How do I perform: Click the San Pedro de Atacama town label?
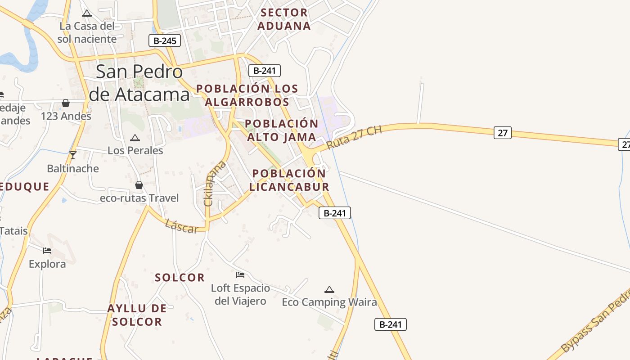point(139,83)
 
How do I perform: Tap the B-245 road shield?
point(165,41)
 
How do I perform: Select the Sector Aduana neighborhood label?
point(284,19)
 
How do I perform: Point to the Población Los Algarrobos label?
point(247,95)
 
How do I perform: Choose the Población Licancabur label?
point(289,180)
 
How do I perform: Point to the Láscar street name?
point(181,226)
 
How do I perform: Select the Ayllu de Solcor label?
point(137,315)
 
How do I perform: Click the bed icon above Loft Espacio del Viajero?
point(240,274)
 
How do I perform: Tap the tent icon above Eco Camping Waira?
point(329,289)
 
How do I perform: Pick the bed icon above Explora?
point(47,250)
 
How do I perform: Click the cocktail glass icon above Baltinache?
point(73,155)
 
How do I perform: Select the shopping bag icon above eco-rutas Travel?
point(139,185)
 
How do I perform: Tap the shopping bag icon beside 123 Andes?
point(66,103)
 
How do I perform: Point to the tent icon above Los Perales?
point(135,138)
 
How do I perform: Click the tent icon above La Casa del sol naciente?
point(87,13)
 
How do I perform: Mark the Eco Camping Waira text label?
point(329,302)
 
